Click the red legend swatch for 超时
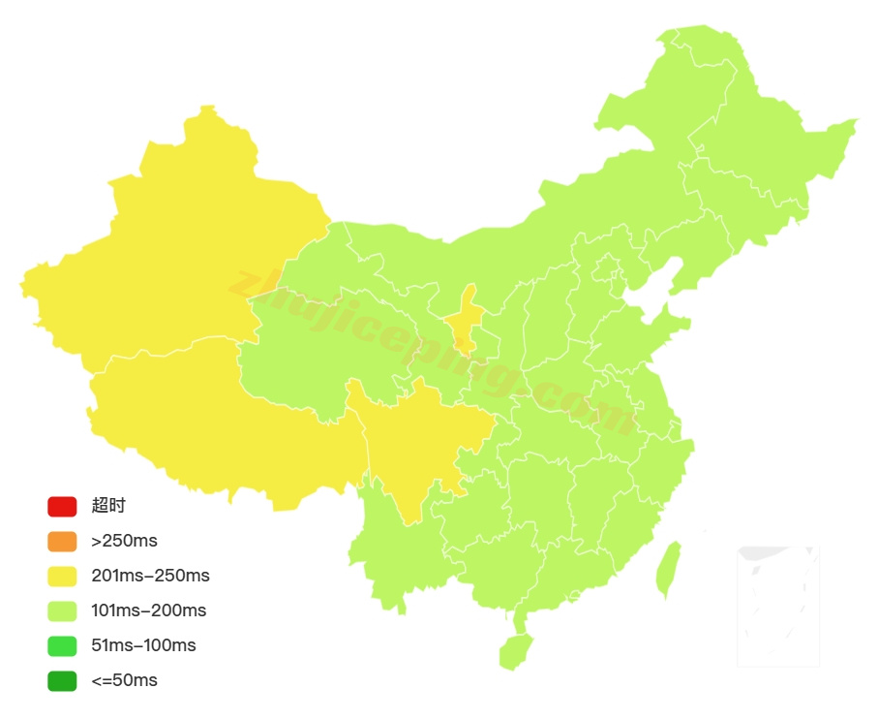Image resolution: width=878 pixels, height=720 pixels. coord(62,506)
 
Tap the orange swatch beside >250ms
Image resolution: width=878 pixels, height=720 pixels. coord(62,541)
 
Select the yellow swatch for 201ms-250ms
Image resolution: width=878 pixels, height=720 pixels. coord(62,576)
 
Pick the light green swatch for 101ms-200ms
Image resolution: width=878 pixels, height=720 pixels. coord(62,610)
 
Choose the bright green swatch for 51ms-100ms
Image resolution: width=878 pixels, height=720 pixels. coord(62,645)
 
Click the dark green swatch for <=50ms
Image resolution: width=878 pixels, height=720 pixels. coord(62,680)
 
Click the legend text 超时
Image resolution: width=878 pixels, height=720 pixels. coord(108,506)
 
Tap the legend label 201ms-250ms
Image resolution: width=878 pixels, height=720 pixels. coord(150,576)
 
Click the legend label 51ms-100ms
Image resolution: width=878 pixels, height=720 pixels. coord(143,645)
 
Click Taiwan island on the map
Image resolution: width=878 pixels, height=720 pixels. coord(668,570)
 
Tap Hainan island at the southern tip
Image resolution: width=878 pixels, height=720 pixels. coord(516,650)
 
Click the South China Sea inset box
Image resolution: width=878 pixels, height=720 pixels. coord(778,607)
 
